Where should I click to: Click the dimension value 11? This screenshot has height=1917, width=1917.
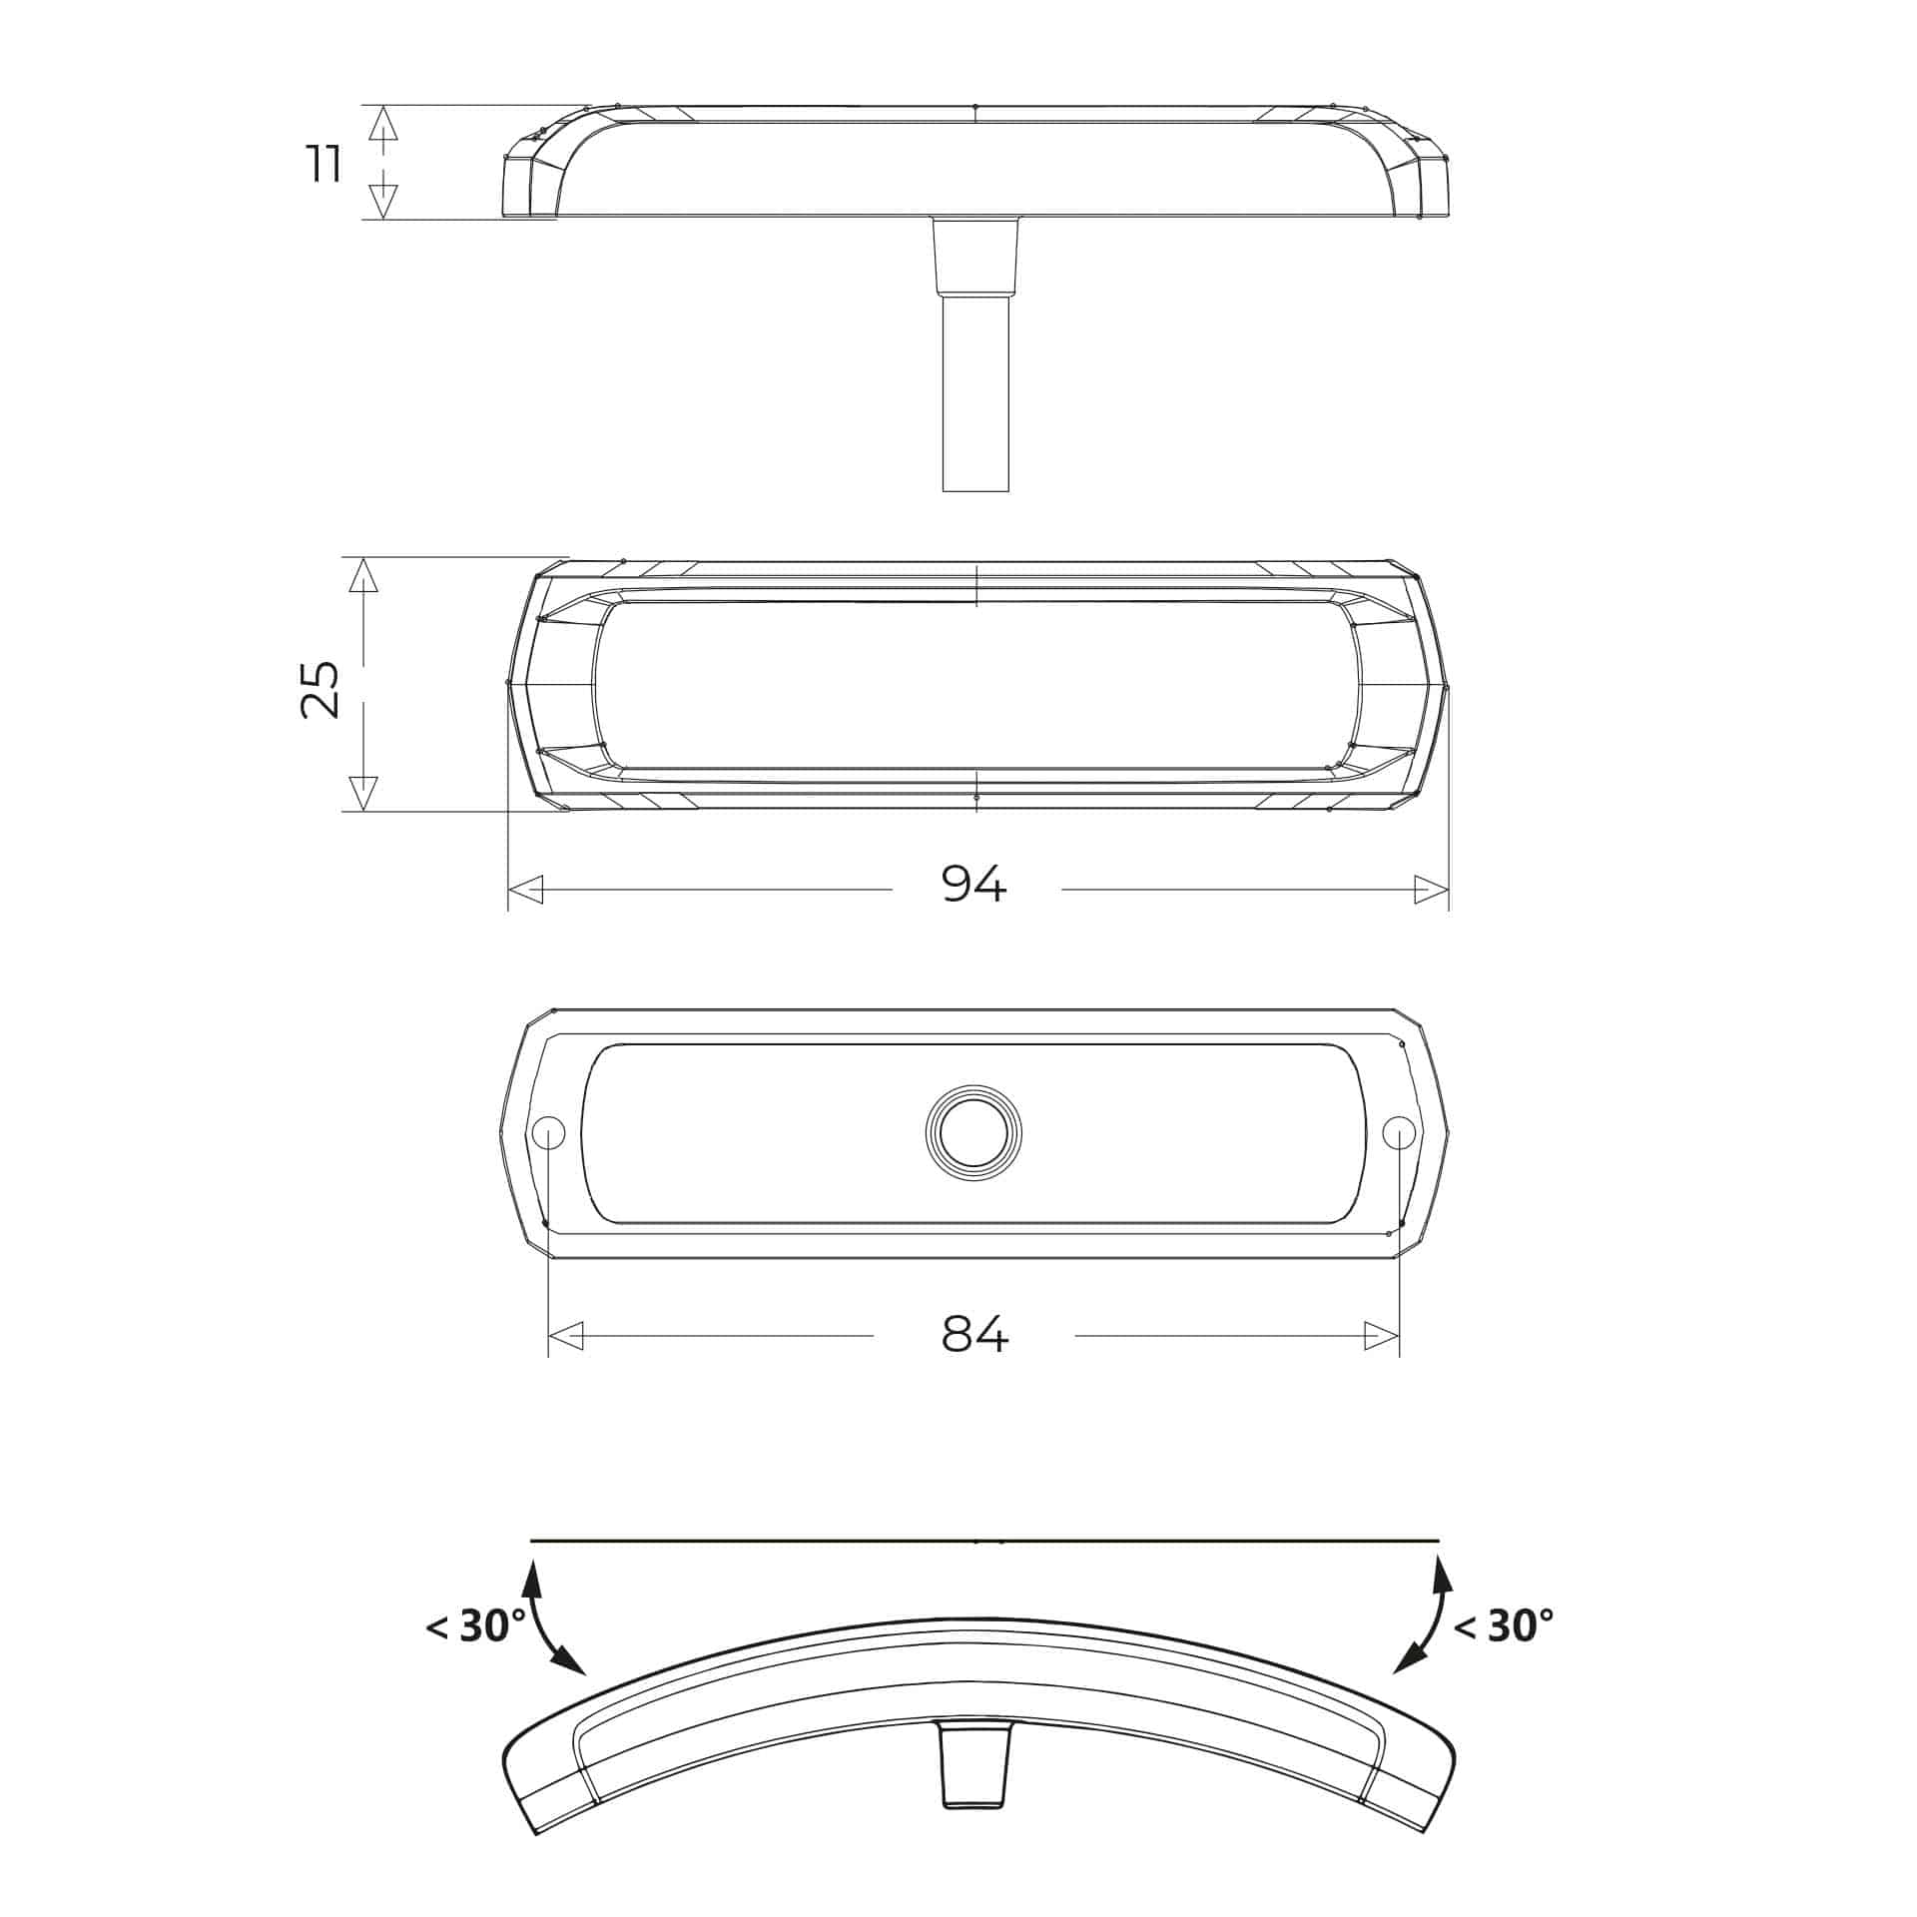(x=324, y=163)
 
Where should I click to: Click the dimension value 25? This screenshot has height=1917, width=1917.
(x=319, y=689)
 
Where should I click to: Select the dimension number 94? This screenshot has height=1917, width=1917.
(x=974, y=884)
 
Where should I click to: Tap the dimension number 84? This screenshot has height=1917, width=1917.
(x=975, y=1334)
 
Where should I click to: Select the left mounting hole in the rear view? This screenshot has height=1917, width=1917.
(x=548, y=1132)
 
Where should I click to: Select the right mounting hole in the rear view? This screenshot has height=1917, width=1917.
(x=1399, y=1132)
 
